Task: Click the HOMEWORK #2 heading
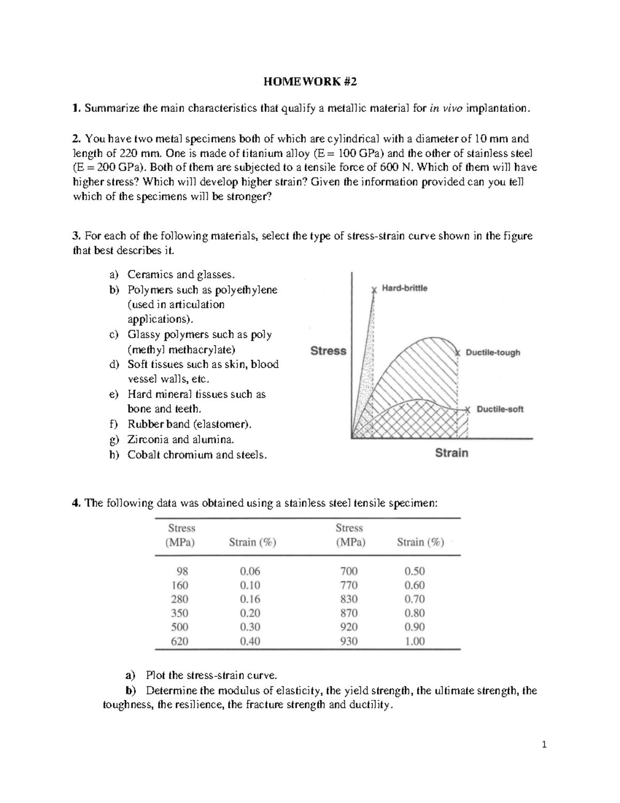(x=310, y=82)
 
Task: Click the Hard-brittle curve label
(x=405, y=289)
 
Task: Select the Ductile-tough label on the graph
(x=492, y=353)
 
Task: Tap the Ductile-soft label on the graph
(x=500, y=409)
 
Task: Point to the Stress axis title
(x=328, y=351)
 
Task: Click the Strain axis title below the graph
(x=452, y=453)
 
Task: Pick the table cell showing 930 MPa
(x=349, y=641)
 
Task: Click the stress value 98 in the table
(x=182, y=571)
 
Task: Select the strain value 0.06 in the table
(x=250, y=571)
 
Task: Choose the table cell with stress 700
(x=349, y=571)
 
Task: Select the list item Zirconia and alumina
(x=181, y=440)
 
